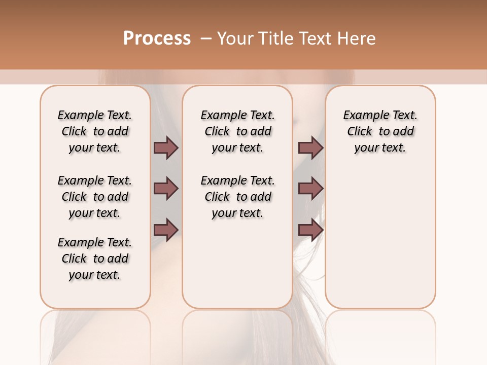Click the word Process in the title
(x=157, y=39)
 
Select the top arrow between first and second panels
(x=166, y=148)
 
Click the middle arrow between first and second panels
(x=166, y=189)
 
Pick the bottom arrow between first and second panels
(x=166, y=230)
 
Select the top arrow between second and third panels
(x=310, y=148)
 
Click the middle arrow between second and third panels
(x=310, y=189)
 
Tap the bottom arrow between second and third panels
(x=310, y=230)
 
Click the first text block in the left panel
(x=95, y=131)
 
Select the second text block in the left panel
(x=95, y=197)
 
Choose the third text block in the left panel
(x=95, y=259)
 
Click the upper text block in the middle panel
(x=237, y=131)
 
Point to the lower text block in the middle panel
(x=237, y=197)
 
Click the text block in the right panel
(x=380, y=131)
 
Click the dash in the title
(x=206, y=39)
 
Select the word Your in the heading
(x=234, y=39)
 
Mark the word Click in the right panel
(x=360, y=132)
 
